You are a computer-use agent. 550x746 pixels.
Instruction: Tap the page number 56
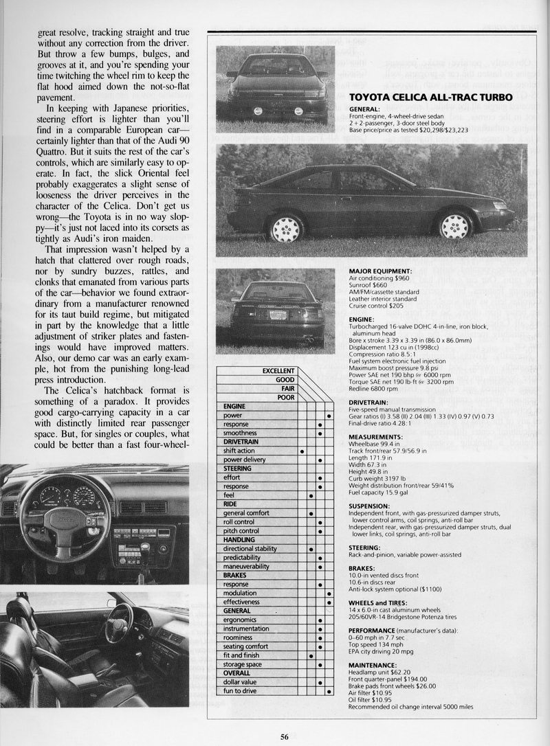(284, 736)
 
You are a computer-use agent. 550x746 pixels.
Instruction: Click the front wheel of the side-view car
(454, 225)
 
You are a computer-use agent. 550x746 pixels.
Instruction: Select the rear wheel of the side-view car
(286, 228)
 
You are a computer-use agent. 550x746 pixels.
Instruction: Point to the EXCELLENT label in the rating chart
(278, 371)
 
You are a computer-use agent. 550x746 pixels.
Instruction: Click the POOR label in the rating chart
(285, 397)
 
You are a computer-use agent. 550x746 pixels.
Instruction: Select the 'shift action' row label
(240, 451)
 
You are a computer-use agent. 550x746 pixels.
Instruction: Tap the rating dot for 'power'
(330, 416)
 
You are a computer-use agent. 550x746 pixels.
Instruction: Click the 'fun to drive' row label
(240, 690)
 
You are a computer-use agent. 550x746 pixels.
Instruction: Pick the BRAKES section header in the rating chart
(235, 575)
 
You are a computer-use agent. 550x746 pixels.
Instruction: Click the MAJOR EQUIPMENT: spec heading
(380, 271)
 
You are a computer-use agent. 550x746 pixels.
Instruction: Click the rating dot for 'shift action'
(302, 451)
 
